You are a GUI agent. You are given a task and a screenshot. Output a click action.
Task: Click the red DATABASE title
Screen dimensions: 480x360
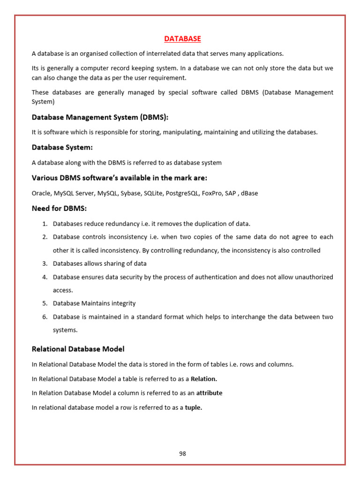[183, 38]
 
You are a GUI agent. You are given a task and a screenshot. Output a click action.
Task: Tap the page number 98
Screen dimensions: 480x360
[183, 453]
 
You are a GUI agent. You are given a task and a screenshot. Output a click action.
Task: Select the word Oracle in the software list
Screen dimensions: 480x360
[41, 193]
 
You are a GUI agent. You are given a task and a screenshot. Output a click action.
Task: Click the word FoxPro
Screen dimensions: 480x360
[212, 193]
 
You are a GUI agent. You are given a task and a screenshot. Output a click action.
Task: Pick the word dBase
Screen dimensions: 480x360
[248, 193]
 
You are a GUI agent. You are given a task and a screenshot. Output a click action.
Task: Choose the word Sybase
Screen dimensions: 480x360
[127, 193]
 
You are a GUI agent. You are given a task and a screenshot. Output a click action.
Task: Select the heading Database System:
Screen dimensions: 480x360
[62, 147]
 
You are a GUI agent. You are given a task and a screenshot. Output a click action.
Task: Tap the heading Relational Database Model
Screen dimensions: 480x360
[78, 349]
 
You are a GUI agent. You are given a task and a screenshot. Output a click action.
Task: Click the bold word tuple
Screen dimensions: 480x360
[194, 408]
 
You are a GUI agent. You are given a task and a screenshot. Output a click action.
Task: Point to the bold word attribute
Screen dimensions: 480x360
[209, 393]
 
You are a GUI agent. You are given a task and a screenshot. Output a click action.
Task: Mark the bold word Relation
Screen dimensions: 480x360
[204, 379]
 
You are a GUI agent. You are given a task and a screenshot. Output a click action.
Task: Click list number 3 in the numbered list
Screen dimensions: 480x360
[45, 264]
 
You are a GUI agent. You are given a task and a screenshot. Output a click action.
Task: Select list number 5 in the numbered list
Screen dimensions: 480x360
[45, 303]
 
